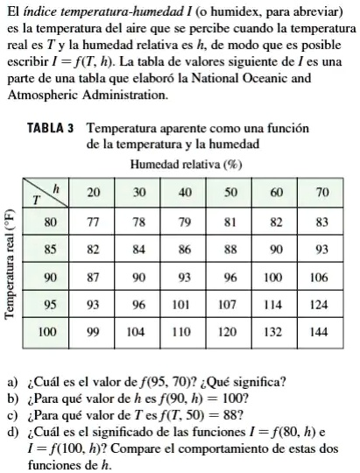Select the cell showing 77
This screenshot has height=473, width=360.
[x=93, y=222]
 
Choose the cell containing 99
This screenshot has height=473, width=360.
[x=93, y=333]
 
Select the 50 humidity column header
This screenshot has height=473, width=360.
[x=230, y=192]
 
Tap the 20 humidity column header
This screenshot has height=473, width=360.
[x=93, y=192]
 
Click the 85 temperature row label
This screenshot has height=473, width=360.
[x=50, y=250]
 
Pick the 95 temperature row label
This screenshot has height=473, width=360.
[x=50, y=305]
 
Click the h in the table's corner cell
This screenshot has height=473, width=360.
[x=57, y=188]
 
